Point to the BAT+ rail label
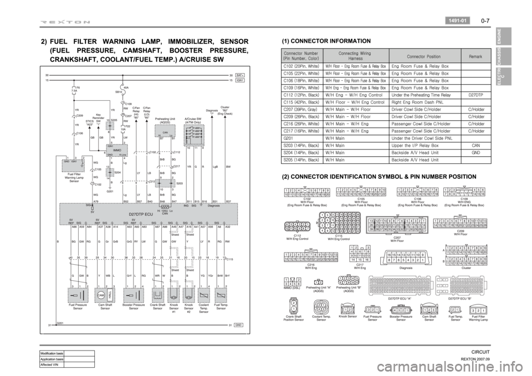point(241,74)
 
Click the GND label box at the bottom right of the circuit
point(240,325)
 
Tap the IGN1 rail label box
point(241,80)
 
